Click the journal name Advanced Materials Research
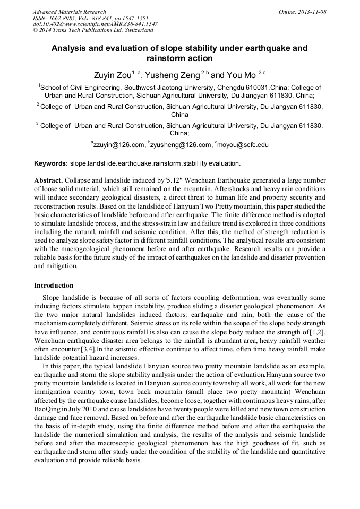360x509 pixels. [69, 12]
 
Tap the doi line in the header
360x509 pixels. [95, 24]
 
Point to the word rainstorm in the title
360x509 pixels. [165, 58]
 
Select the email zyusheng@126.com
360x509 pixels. [182, 145]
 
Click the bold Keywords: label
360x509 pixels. [51, 163]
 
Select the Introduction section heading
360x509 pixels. [54, 285]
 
